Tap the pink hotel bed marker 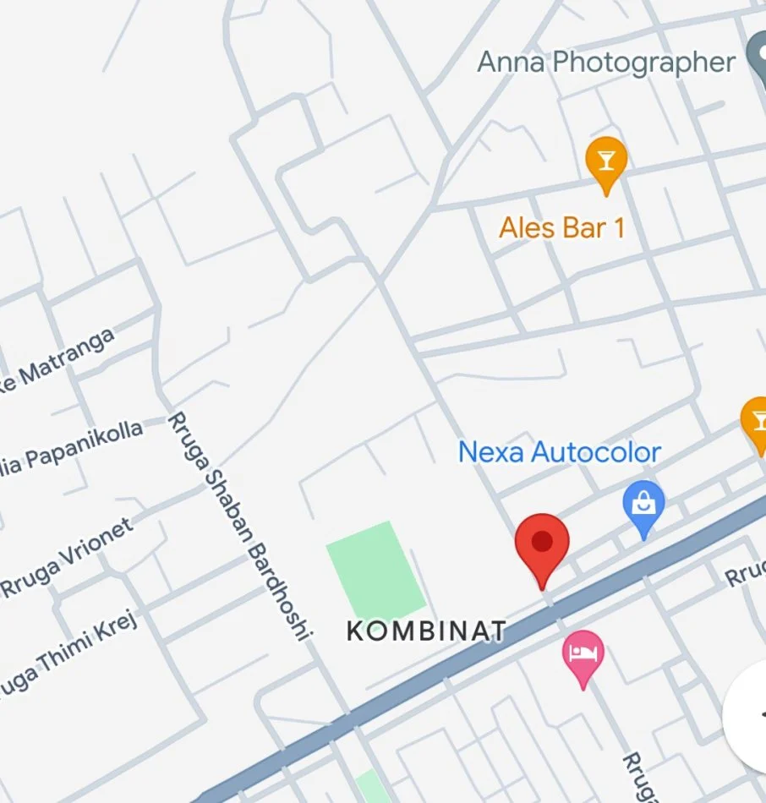point(583,654)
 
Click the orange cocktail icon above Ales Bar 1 point(606,160)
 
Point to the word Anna point(511,63)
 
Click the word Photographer point(644,63)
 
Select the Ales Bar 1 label point(561,227)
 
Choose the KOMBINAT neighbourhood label point(427,631)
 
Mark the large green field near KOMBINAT point(375,571)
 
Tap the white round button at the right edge point(749,714)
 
